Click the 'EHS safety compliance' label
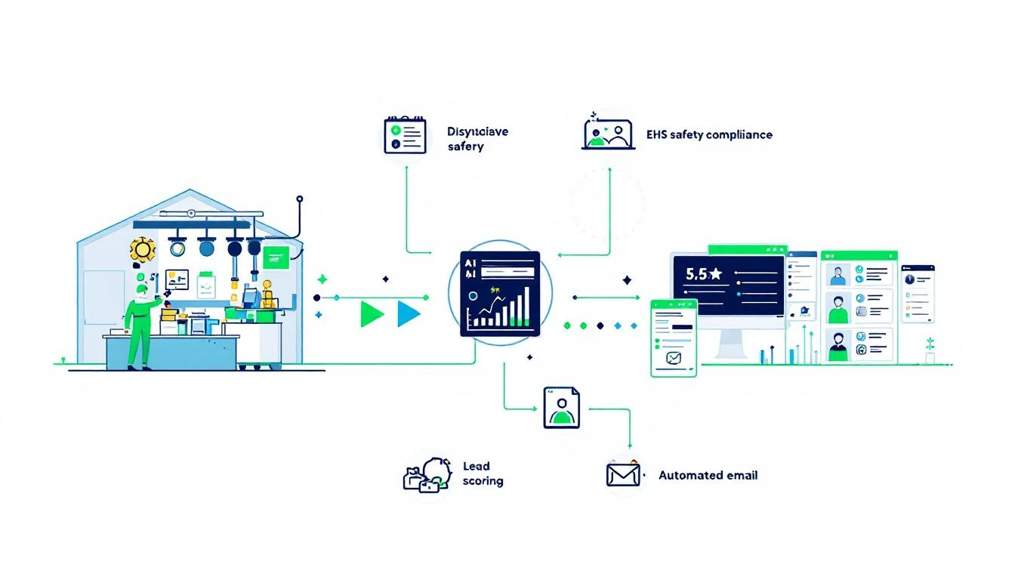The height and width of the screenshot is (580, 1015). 709,135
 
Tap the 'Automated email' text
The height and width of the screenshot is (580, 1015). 708,476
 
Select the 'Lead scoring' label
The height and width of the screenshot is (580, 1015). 483,474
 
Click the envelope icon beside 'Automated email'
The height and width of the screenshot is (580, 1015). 623,475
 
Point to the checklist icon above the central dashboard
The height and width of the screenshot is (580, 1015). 406,136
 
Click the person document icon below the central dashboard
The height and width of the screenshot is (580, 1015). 561,408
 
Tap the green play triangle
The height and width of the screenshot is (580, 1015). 372,313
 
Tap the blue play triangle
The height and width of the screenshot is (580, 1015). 408,313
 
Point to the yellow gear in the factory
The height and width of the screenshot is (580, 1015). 142,248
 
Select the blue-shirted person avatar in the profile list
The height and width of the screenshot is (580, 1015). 837,273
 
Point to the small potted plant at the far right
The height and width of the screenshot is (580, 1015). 930,351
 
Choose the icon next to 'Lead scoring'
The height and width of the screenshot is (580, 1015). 427,475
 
